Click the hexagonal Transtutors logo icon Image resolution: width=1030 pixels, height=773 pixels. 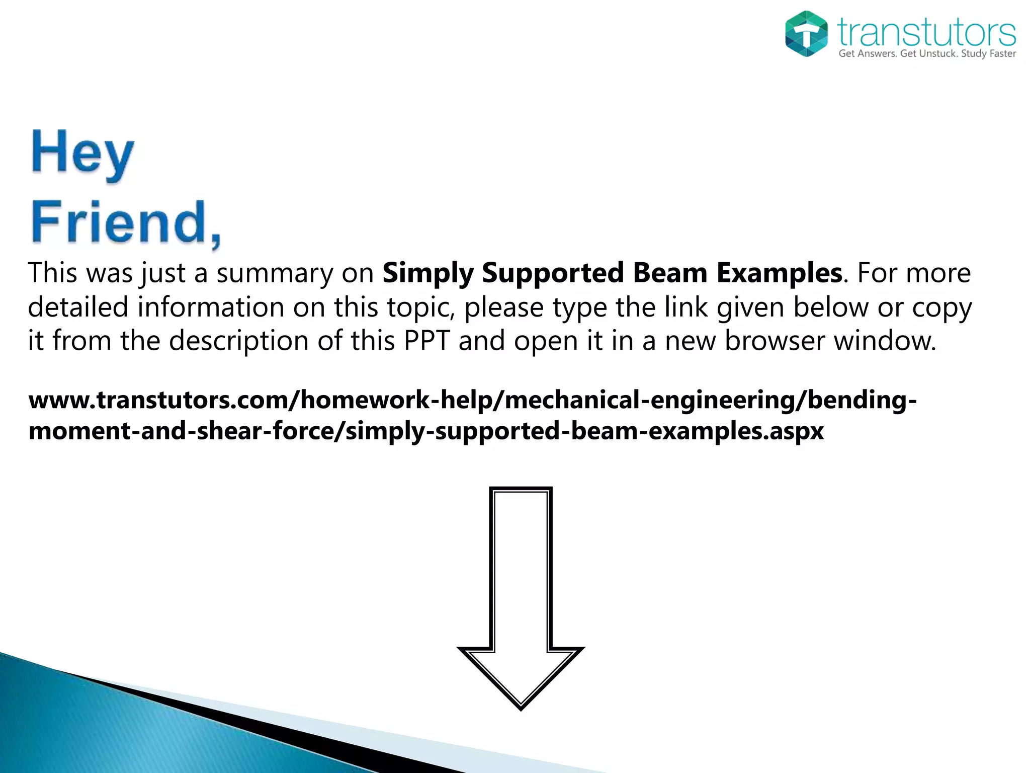tap(806, 34)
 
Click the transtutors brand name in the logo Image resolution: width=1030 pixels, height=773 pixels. tap(926, 32)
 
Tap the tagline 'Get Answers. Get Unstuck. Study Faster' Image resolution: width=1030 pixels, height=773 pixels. tap(927, 53)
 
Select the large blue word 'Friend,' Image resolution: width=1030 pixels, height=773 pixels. tap(126, 222)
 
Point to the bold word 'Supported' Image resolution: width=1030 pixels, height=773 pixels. tap(553, 274)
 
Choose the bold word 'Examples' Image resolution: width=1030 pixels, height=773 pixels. tap(779, 273)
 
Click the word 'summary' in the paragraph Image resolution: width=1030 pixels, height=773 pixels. tap(275, 274)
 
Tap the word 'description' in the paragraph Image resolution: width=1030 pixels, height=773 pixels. tap(239, 342)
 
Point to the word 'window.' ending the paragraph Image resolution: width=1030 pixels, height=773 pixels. tap(885, 341)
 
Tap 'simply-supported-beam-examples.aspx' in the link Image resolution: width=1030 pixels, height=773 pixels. tap(585, 432)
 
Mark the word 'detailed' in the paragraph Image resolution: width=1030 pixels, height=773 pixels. tap(78, 307)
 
